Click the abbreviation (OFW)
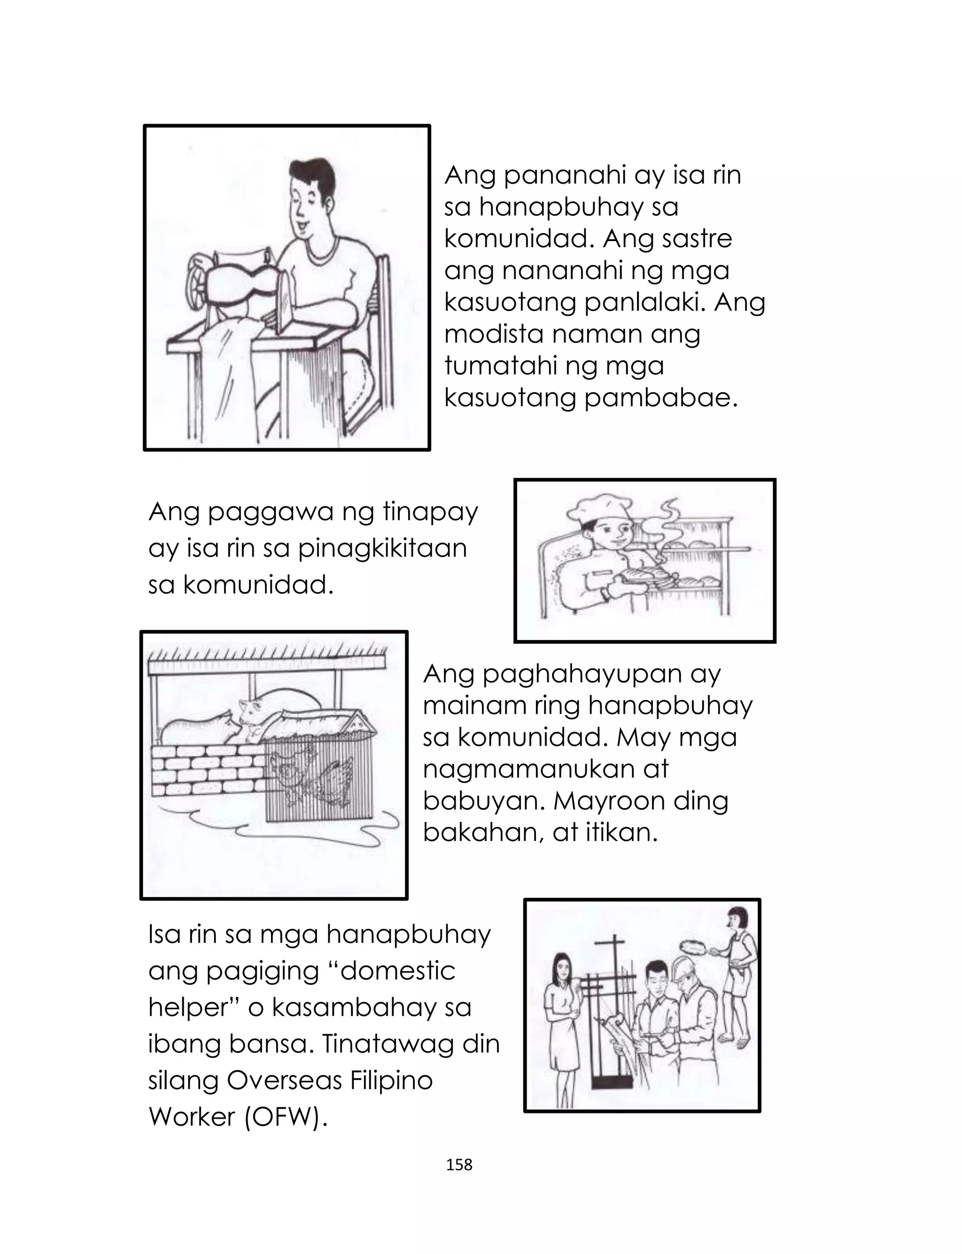286,1117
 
